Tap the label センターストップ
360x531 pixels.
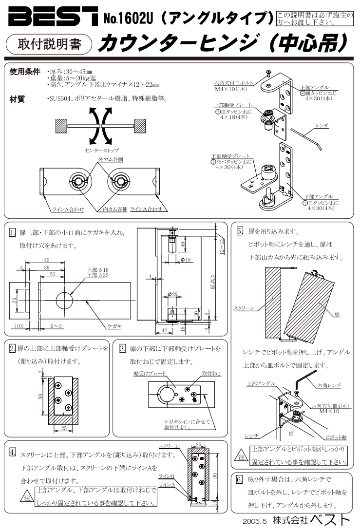(x=101, y=151)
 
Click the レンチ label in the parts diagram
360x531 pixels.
(x=322, y=126)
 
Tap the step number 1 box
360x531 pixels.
(x=13, y=233)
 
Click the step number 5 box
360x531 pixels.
(x=240, y=231)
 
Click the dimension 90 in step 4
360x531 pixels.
(x=215, y=476)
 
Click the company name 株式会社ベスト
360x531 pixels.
(x=311, y=520)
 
